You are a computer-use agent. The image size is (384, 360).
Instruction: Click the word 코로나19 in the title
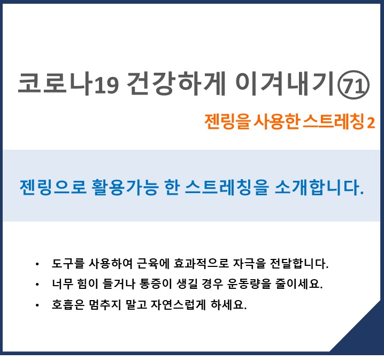coord(68,83)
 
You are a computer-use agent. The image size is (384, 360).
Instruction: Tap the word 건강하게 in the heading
coord(176,83)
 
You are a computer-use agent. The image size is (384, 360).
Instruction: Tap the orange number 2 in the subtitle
coord(371,122)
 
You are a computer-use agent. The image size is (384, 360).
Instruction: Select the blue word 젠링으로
coord(53,187)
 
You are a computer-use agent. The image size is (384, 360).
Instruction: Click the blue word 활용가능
coord(125,187)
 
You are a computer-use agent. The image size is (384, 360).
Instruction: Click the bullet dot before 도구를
coord(37,264)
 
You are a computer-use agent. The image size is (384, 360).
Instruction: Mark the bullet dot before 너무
coord(37,285)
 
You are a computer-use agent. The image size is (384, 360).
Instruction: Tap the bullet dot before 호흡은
coord(37,305)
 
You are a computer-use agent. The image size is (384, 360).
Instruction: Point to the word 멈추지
coord(105,305)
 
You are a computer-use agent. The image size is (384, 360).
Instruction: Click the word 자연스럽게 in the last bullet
coord(178,305)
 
